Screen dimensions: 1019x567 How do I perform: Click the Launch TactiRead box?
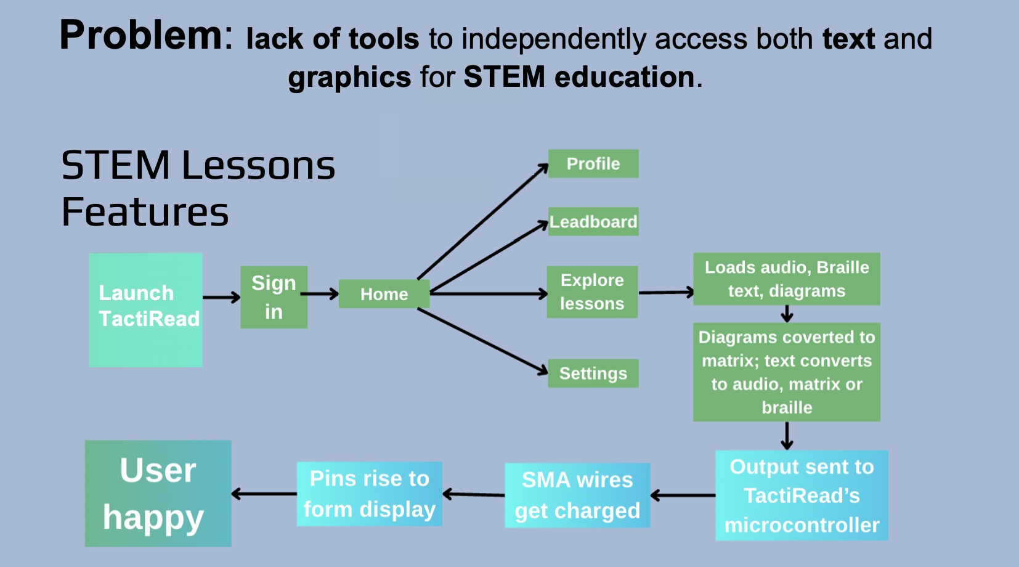pos(145,309)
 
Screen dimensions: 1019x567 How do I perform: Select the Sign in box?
pos(274,297)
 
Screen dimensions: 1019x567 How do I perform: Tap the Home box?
pos(384,294)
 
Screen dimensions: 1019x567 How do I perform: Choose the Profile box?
pos(593,163)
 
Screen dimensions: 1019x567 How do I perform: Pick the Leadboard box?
pos(593,221)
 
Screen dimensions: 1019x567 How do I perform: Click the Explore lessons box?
pos(592,292)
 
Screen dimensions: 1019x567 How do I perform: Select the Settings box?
pos(593,373)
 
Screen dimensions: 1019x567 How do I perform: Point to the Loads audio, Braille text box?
pos(786,279)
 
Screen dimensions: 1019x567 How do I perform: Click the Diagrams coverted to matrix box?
pos(786,372)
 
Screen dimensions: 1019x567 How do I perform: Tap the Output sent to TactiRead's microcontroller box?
pos(802,496)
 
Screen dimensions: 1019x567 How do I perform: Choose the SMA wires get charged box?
pos(577,495)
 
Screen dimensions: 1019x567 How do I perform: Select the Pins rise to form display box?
pos(369,494)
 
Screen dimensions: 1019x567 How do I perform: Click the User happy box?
pos(158,493)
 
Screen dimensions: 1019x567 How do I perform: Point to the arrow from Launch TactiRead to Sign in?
pos(221,297)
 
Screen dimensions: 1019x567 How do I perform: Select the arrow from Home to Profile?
pos(482,222)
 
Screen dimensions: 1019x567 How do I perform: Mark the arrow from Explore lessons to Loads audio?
pos(665,292)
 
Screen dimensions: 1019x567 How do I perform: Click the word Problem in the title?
pos(141,35)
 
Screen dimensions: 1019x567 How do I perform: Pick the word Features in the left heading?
pos(145,212)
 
